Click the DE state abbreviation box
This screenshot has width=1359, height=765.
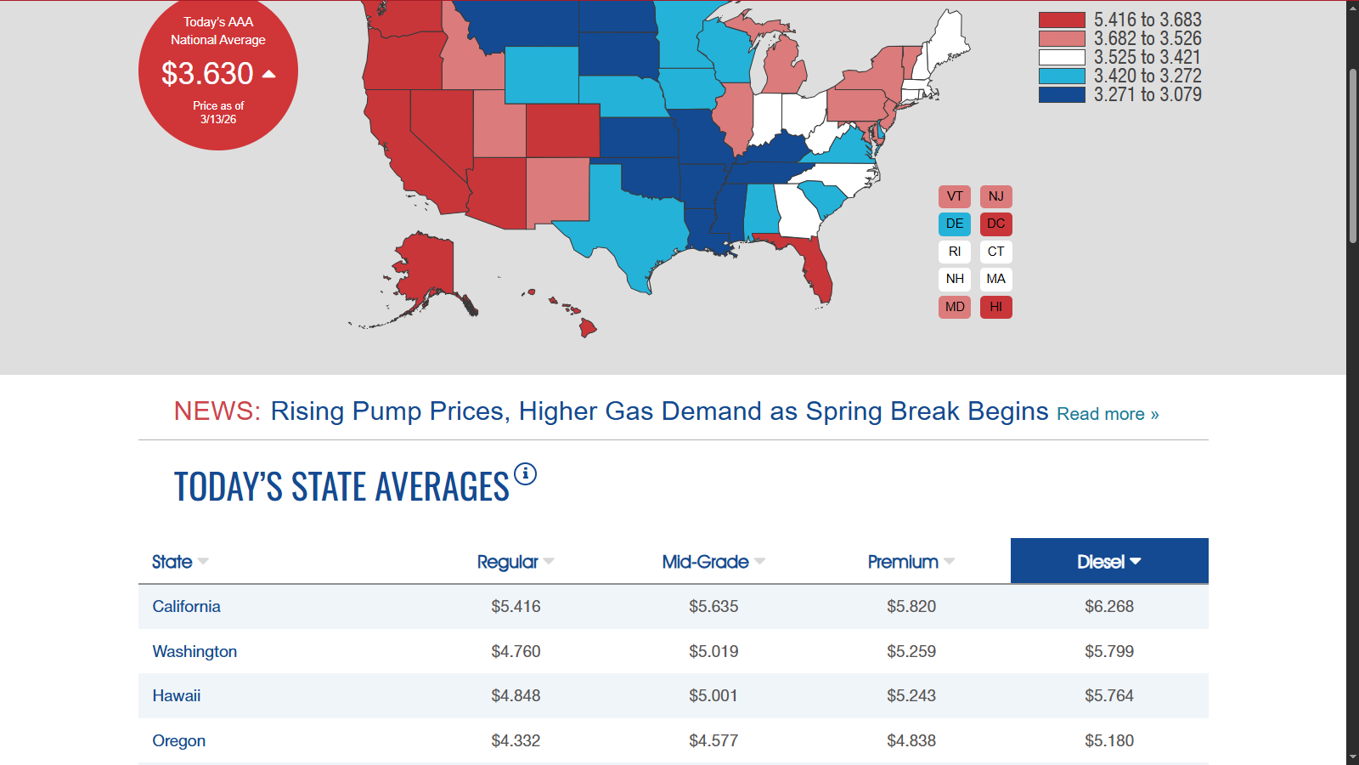[x=955, y=224]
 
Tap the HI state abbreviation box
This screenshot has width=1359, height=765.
[x=995, y=307]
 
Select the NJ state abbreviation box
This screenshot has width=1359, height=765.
[x=995, y=196]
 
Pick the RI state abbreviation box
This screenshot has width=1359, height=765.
[x=955, y=252]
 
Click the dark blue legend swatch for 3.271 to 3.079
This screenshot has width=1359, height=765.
[x=1062, y=94]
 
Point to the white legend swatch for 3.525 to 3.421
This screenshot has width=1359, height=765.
[x=1062, y=58]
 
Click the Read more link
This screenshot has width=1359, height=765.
[x=1108, y=414]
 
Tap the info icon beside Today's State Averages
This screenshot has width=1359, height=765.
[x=526, y=473]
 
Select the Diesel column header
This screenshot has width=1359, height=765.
[x=1108, y=561]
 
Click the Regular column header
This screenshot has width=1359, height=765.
[x=508, y=562]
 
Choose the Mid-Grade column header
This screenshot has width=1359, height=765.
[x=706, y=562]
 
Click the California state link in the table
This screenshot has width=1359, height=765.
[x=186, y=606]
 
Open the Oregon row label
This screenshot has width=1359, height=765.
[x=178, y=740]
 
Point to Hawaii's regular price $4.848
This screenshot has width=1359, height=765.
[x=516, y=695]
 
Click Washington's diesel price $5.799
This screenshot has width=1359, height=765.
[x=1108, y=651]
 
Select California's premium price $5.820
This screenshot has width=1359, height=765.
[x=911, y=606]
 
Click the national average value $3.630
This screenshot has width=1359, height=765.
[x=208, y=74]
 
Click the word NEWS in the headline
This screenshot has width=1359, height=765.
[x=217, y=411]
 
